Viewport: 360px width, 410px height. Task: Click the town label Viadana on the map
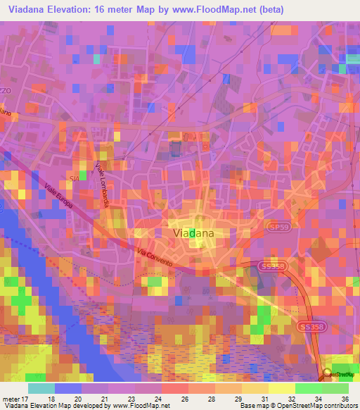(193, 232)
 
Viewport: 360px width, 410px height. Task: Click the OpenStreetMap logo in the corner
(342, 374)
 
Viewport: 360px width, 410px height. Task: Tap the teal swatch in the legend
(41, 388)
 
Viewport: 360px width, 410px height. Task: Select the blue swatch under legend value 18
(67, 388)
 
